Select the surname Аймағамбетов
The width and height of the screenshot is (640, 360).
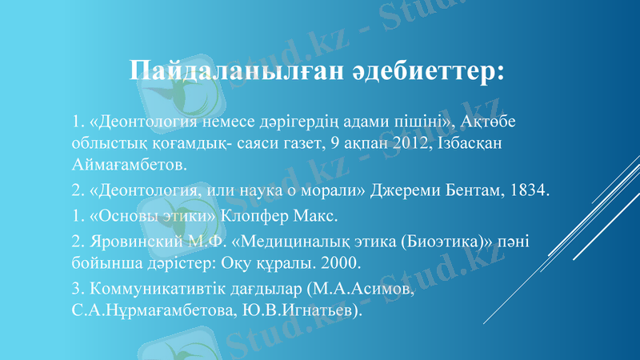pos(127,166)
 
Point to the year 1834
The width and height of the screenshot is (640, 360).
pos(527,190)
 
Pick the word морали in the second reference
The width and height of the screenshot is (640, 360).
pos(337,190)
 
